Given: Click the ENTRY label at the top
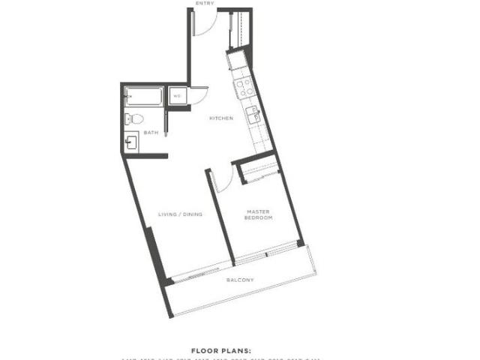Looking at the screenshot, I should [x=204, y=4].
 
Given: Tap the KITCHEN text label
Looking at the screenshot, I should [x=221, y=118].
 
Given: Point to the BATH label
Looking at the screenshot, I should [x=151, y=133].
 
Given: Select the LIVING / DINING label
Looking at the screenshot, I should [x=180, y=215].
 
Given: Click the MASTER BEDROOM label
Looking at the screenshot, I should [x=259, y=215].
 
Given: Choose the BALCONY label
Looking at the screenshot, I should [x=240, y=280].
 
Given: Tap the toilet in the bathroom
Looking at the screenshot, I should [x=133, y=117].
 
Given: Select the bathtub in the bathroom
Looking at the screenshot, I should [x=143, y=97].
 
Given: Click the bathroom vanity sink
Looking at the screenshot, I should [x=131, y=142].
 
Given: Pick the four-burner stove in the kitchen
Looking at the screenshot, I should [x=245, y=88].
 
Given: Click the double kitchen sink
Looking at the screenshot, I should [x=253, y=115].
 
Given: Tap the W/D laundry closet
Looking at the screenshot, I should [x=177, y=97].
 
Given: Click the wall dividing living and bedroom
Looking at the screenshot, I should [x=220, y=217].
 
